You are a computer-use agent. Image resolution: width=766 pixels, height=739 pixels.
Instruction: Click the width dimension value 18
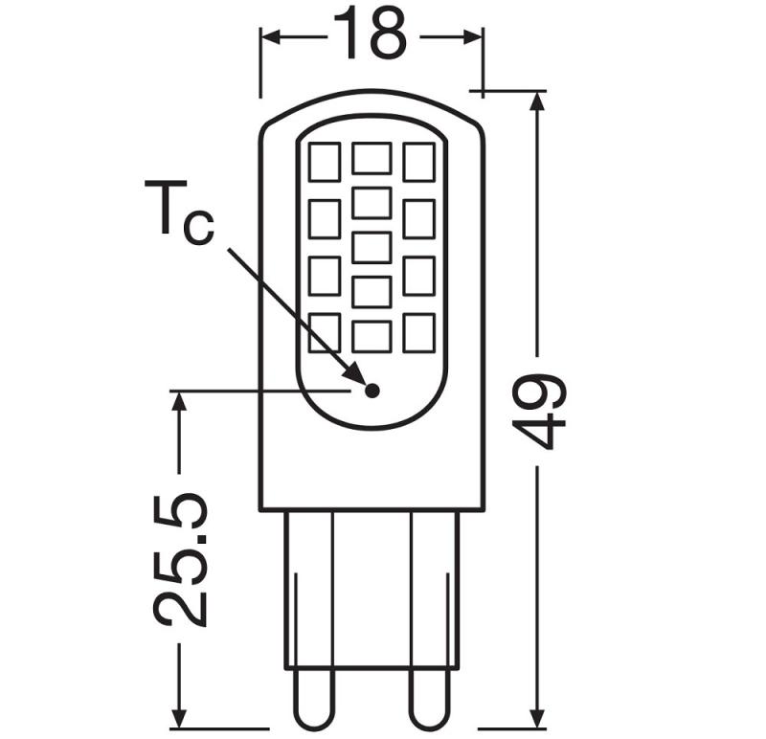pos(370,35)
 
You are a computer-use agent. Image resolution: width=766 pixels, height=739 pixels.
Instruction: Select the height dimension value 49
pos(540,410)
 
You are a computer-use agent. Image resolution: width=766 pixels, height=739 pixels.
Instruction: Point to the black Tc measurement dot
pos(372,390)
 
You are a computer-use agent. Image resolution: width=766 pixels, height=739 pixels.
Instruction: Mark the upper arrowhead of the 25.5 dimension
pos(179,400)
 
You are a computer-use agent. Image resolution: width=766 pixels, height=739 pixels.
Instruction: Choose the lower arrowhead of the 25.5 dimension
pos(179,718)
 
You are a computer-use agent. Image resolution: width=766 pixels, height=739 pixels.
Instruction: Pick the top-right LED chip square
pos(418,162)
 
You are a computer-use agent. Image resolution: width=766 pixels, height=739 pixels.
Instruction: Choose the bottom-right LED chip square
pos(418,332)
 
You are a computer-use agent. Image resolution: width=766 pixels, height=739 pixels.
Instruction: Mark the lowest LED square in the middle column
pos(372,335)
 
